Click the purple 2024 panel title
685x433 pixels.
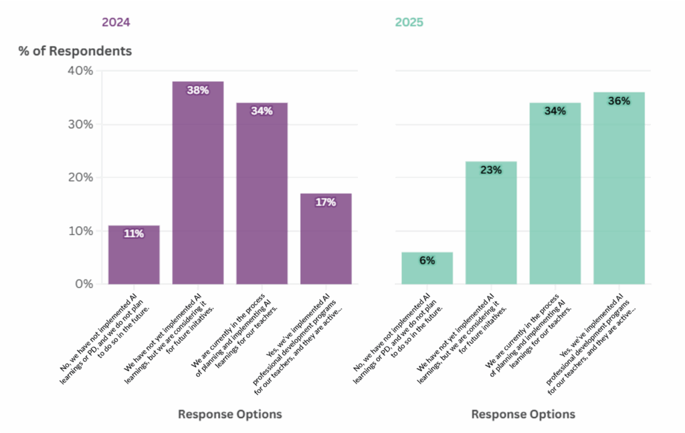click(x=116, y=22)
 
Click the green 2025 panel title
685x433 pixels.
click(x=409, y=22)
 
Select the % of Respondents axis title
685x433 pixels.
click(x=75, y=51)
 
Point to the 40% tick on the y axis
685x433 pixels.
click(x=80, y=71)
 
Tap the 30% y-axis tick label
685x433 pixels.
click(x=80, y=124)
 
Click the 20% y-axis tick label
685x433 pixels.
click(x=80, y=177)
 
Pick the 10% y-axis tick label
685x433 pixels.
click(x=80, y=231)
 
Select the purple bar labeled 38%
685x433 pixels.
click(x=198, y=187)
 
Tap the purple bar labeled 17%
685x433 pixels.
click(x=326, y=241)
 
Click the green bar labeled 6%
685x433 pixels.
click(x=427, y=269)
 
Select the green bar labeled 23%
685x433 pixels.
click(x=491, y=224)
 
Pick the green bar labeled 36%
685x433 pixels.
click(x=619, y=191)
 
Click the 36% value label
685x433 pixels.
click(x=619, y=101)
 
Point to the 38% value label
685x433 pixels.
click(x=198, y=90)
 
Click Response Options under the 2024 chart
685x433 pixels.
click(x=230, y=414)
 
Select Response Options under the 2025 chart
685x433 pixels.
click(x=523, y=414)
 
